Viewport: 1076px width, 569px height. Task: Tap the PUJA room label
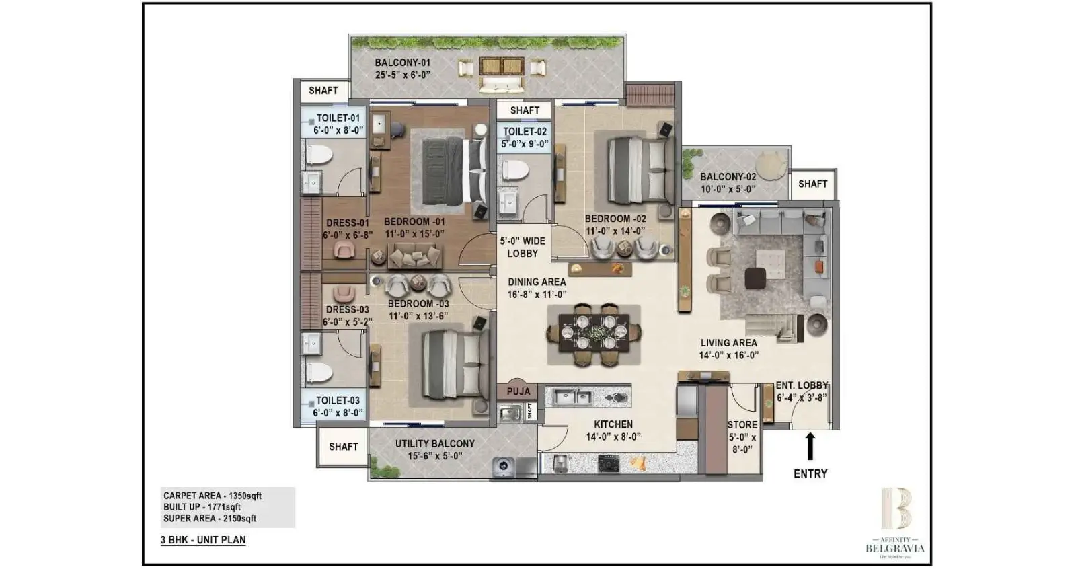pyautogui.click(x=518, y=391)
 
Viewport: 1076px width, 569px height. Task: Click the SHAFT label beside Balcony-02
pyautogui.click(x=812, y=184)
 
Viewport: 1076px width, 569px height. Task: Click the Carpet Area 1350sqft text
pyautogui.click(x=212, y=496)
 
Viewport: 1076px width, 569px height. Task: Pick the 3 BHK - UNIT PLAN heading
pyautogui.click(x=203, y=540)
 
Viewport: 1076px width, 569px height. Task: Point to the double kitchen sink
pyautogui.click(x=572, y=397)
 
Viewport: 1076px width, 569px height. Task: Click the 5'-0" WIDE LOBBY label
pyautogui.click(x=523, y=247)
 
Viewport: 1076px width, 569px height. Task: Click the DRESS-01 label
pyautogui.click(x=347, y=223)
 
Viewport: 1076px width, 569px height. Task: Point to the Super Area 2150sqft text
pyautogui.click(x=210, y=519)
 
